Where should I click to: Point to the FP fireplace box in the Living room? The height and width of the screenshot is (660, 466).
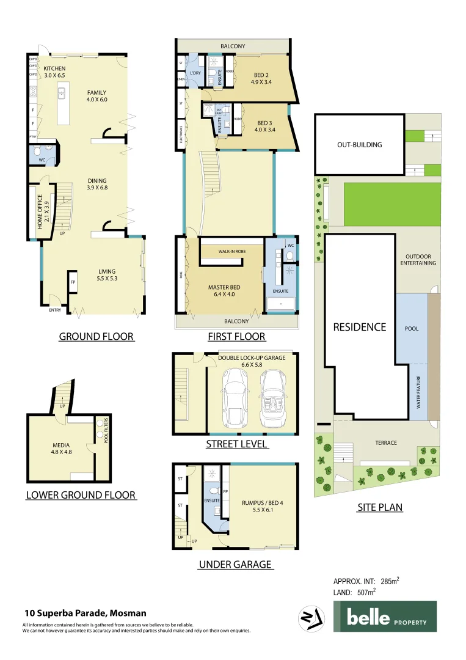(72, 283)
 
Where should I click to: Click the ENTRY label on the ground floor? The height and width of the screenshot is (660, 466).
(56, 310)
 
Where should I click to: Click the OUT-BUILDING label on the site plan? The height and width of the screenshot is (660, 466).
(360, 145)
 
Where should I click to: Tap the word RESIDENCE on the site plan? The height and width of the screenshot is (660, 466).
(360, 327)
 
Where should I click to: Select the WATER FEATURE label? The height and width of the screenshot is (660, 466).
(418, 393)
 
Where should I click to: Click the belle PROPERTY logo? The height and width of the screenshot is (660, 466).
(384, 616)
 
